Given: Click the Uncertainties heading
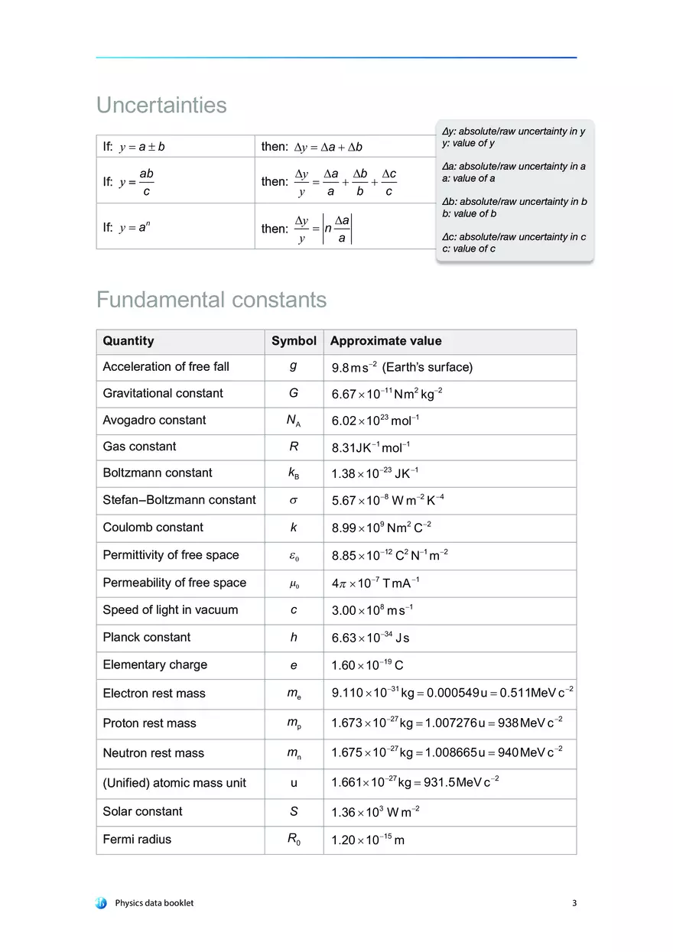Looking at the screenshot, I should pyautogui.click(x=161, y=105).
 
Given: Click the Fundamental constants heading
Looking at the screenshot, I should pyautogui.click(x=211, y=300).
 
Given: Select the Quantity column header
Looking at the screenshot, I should pyautogui.click(x=128, y=341).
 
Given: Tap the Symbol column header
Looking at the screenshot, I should pyautogui.click(x=294, y=341).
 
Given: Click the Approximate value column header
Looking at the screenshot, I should pyautogui.click(x=385, y=341).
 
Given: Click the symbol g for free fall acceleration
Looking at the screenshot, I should pyautogui.click(x=294, y=366).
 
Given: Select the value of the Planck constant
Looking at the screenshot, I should pyautogui.click(x=370, y=638).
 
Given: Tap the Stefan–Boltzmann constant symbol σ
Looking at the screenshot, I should pyautogui.click(x=294, y=500).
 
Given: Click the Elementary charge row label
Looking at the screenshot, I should pyautogui.click(x=154, y=664).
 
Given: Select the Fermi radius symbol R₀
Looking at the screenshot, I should pyautogui.click(x=294, y=840).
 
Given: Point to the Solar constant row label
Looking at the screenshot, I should pyautogui.click(x=142, y=811).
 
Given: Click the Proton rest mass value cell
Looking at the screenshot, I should pyautogui.click(x=447, y=723).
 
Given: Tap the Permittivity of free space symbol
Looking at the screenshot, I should pyautogui.click(x=294, y=555).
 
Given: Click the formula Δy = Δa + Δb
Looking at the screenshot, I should pyautogui.click(x=328, y=147).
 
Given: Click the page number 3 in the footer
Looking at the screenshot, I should pyautogui.click(x=574, y=903).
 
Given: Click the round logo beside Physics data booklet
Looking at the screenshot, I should pyautogui.click(x=102, y=903).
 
